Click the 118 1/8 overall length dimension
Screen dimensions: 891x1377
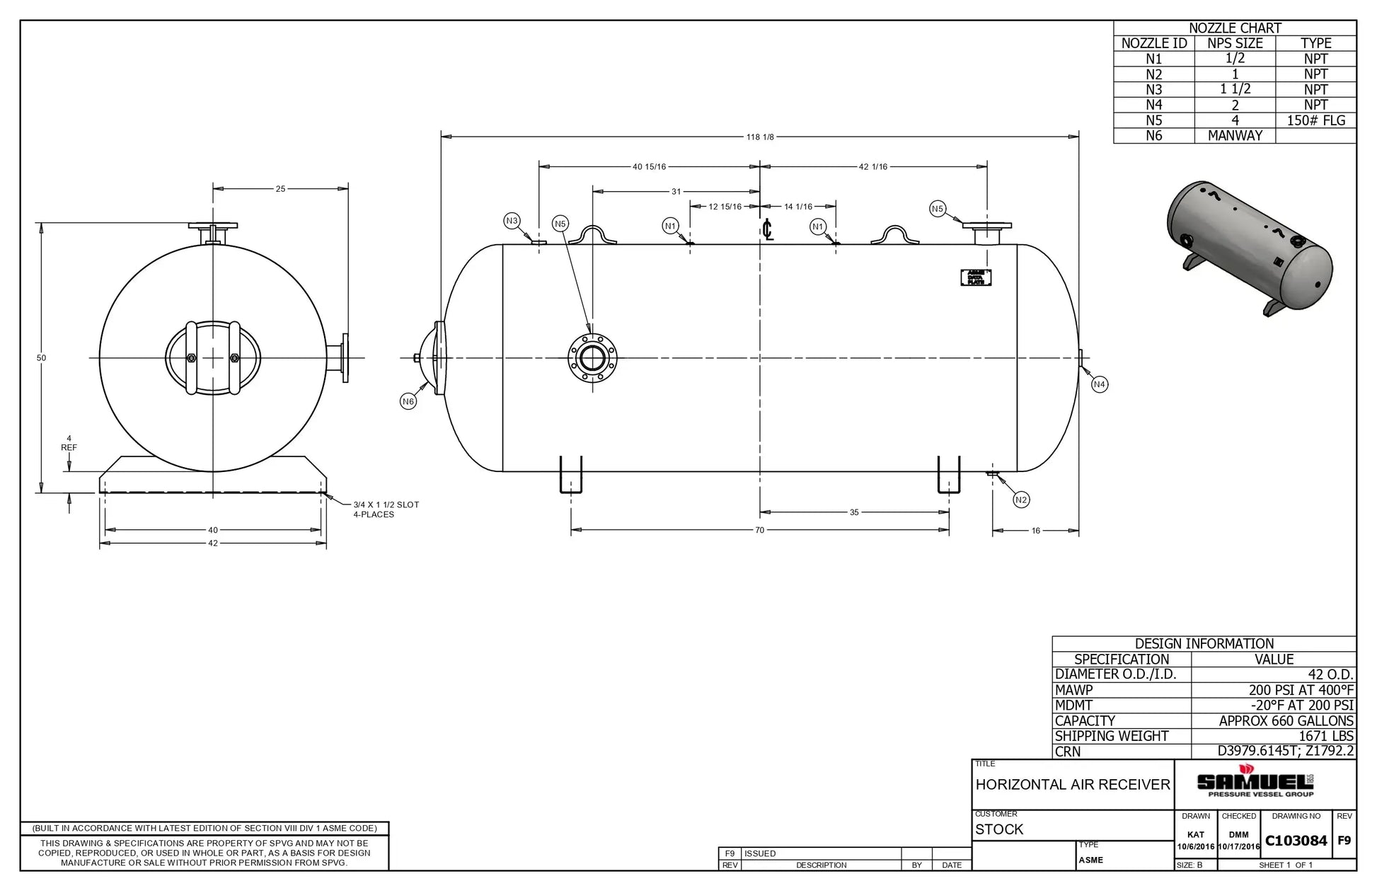coord(760,137)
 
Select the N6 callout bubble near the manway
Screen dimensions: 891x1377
coord(408,402)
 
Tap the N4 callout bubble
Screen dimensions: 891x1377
coord(1099,385)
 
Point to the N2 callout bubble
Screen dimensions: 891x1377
coord(1020,500)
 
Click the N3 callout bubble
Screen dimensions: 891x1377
coord(512,221)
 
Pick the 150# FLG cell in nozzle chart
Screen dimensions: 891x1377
coord(1315,120)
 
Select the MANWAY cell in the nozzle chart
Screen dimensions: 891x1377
coord(1235,135)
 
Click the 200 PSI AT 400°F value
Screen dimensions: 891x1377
coord(1301,690)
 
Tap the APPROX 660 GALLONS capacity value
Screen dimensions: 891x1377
coord(1286,721)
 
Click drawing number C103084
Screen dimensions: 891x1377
coord(1296,841)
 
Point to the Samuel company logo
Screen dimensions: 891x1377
coord(1255,782)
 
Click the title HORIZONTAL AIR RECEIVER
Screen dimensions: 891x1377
coord(1073,784)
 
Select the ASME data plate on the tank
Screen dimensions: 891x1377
coord(976,277)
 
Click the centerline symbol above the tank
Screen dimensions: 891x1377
coord(768,230)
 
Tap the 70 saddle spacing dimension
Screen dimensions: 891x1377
coord(759,530)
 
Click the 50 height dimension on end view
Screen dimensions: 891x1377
coord(42,358)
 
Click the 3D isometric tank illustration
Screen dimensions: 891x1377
coord(1249,247)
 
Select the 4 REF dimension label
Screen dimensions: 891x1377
coord(69,443)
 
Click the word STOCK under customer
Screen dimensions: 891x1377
coord(999,829)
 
